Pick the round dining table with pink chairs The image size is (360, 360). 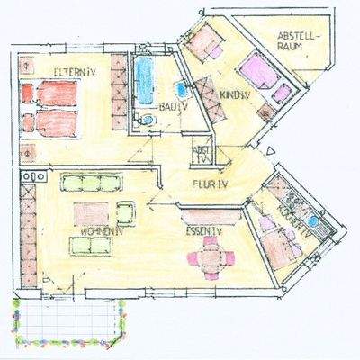tap(210, 259)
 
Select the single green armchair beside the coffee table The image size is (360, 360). tap(125, 212)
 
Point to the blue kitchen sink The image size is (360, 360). tap(312, 221)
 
